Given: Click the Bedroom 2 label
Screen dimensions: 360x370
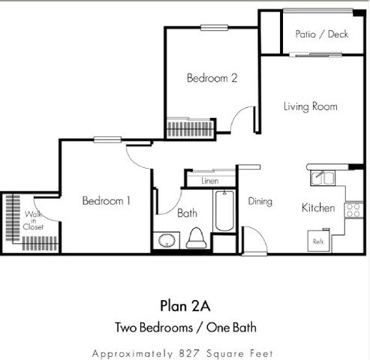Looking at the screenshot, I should pos(210,78).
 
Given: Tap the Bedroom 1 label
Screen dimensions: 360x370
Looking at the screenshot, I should pos(106,200).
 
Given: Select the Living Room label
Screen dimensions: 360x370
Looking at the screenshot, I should pos(310,106).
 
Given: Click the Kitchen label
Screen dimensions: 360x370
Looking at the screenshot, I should pos(317,207).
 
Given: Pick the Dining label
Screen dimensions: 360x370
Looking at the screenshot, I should pos(261,201).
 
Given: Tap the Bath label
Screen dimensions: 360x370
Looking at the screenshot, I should pos(188,213).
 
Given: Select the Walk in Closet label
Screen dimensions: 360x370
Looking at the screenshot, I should pos(33,220).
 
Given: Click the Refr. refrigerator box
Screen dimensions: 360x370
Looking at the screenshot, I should pos(318,241).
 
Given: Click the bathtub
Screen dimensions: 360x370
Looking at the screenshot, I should pos(224,211).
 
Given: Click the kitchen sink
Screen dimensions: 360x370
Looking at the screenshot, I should pos(321,178).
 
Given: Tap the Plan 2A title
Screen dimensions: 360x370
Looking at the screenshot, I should pos(185,302).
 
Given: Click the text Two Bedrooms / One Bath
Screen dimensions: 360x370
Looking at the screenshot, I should pos(185,326).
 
